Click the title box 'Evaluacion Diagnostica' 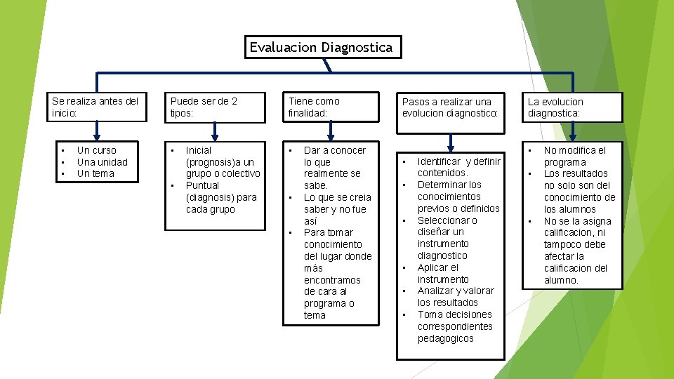click(322, 48)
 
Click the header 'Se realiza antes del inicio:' click(95, 107)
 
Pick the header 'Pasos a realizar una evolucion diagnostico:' click(449, 107)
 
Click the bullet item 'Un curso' click(97, 150)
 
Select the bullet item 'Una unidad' click(103, 162)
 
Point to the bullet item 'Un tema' click(95, 173)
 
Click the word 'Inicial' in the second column click(199, 150)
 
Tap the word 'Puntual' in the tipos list click(202, 185)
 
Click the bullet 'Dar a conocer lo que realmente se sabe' click(334, 168)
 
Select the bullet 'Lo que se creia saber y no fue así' click(337, 209)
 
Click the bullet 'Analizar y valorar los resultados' click(455, 296)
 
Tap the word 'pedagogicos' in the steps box click(446, 338)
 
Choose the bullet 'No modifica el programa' click(574, 156)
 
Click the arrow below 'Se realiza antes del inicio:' click(97, 132)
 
